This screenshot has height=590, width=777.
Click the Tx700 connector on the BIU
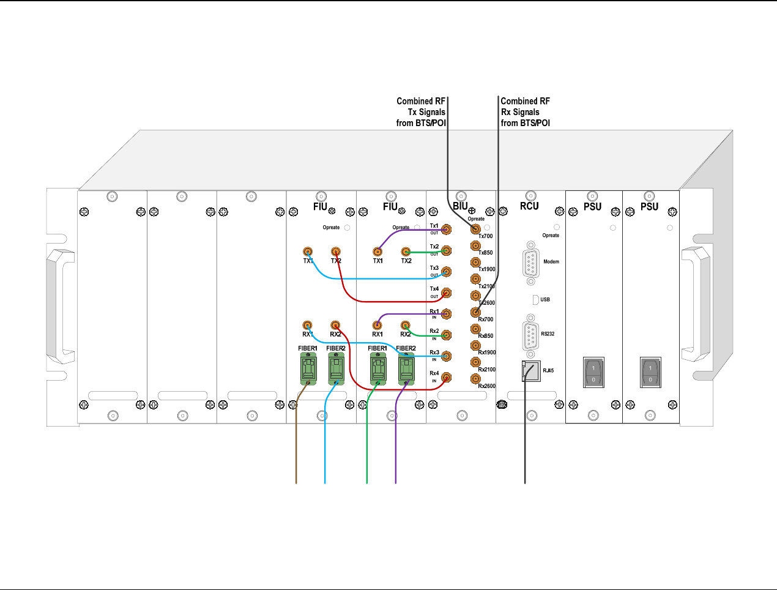pyautogui.click(x=475, y=230)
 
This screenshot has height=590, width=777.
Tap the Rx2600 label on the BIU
pyautogui.click(x=487, y=386)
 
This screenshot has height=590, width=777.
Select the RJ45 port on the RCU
pyautogui.click(x=531, y=371)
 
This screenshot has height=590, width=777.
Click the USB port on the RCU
pyautogui.click(x=535, y=299)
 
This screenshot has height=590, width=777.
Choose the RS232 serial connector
pyautogui.click(x=530, y=334)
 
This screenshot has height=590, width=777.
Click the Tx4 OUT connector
pyautogui.click(x=447, y=293)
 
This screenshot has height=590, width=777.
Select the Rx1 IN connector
pyautogui.click(x=447, y=314)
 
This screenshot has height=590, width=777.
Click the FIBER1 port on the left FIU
pyautogui.click(x=308, y=369)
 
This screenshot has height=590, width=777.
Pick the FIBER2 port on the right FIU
pyautogui.click(x=406, y=369)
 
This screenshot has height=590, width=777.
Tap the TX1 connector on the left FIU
pyautogui.click(x=308, y=252)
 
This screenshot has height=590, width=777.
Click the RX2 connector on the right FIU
pyautogui.click(x=405, y=326)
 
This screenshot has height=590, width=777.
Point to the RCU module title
pyautogui.click(x=529, y=206)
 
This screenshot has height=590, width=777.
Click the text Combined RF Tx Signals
pyautogui.click(x=421, y=112)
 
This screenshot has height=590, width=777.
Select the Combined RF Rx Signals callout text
pyautogui.click(x=525, y=112)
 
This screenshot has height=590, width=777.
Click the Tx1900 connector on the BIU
pyautogui.click(x=475, y=263)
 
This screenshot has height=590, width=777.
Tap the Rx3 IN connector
pyautogui.click(x=447, y=356)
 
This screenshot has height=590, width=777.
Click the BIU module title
pyautogui.click(x=460, y=206)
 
